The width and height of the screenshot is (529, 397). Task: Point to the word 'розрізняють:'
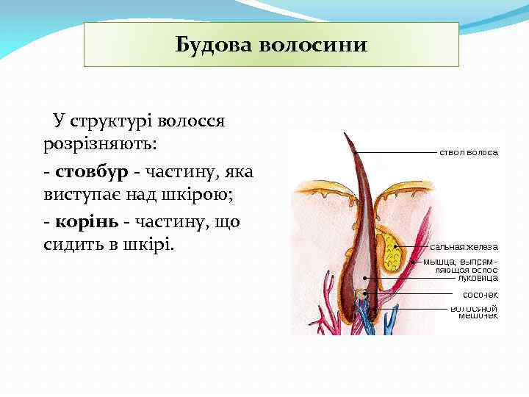click(x=100, y=143)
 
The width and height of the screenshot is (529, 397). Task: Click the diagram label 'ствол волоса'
click(x=469, y=153)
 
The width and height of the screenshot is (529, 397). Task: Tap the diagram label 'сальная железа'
click(x=464, y=247)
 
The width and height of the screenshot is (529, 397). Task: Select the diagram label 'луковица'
click(x=478, y=279)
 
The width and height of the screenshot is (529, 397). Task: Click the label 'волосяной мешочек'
click(x=474, y=312)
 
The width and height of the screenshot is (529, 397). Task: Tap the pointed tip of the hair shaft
click(x=345, y=135)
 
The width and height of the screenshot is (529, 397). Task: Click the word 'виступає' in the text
click(x=77, y=196)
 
